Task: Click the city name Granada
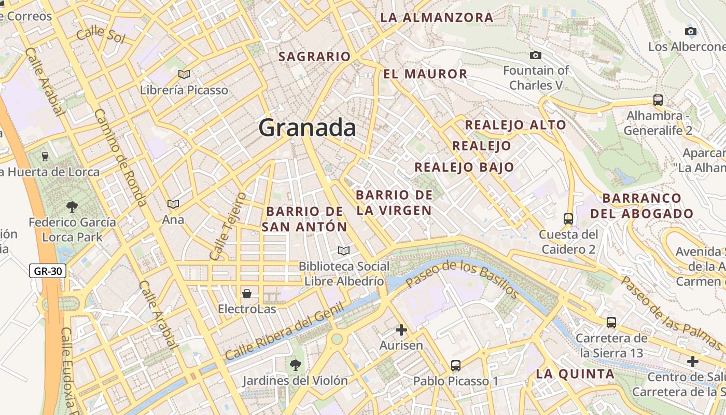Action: point(307,128)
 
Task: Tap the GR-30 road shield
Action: point(47,271)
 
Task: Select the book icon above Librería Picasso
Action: point(184,74)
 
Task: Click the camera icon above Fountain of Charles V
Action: point(536,55)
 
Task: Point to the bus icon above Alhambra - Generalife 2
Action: point(658,100)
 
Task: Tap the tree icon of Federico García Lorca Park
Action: point(72,206)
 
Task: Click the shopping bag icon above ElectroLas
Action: point(247,294)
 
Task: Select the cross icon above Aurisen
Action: point(401,329)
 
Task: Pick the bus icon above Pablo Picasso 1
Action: point(455,366)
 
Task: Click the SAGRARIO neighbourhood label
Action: point(315,57)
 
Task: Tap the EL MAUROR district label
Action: point(425,74)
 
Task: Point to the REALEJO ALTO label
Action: point(515,125)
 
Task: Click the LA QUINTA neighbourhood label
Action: point(575,374)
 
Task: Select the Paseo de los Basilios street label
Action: point(462,280)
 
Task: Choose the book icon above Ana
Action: point(173,204)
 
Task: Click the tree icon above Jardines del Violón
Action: point(295,365)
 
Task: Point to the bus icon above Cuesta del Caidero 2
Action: point(568,219)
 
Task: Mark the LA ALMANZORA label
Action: point(437,17)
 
